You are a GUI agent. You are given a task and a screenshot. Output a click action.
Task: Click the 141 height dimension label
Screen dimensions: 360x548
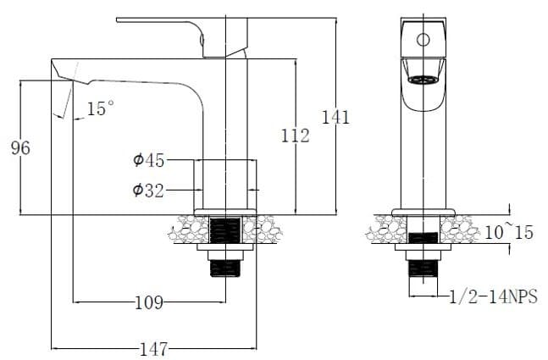point(335,118)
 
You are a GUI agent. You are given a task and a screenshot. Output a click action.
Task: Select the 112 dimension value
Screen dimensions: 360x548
point(295,135)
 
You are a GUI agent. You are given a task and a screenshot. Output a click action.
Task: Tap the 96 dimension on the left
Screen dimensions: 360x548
point(19,148)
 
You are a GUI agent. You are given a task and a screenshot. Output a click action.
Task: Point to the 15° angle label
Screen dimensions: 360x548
point(100,108)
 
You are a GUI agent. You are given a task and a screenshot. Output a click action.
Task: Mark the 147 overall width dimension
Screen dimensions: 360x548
point(152,348)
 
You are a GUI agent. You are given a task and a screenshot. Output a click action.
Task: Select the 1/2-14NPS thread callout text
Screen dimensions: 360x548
point(493,296)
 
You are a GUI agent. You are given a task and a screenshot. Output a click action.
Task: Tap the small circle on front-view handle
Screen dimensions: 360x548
point(423,39)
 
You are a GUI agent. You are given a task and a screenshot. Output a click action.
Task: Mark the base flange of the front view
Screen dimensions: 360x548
point(423,211)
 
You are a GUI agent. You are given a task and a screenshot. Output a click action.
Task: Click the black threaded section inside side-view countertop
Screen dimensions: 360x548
point(225,230)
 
